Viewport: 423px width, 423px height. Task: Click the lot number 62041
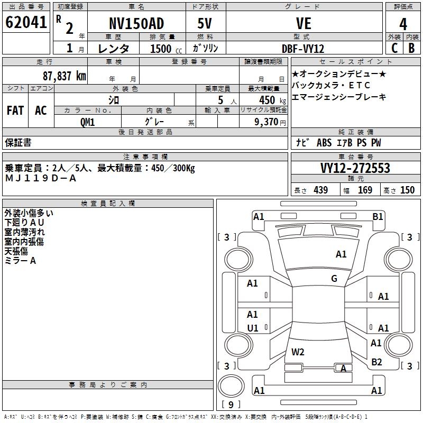point(26,23)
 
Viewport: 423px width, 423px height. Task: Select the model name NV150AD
point(136,24)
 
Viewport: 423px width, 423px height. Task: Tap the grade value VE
point(304,24)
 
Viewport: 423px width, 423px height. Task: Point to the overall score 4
point(403,24)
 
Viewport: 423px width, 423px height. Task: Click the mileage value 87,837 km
point(64,76)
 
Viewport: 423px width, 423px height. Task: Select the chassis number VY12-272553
point(355,168)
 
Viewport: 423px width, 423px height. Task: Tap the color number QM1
point(87,121)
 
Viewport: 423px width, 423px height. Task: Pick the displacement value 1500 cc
point(163,49)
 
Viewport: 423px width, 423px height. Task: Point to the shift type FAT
point(15,111)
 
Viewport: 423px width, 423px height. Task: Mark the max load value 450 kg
point(266,100)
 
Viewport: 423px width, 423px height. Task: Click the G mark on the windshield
point(334,279)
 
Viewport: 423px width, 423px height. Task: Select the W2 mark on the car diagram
point(298,352)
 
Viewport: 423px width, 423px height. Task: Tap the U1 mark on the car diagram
point(253,328)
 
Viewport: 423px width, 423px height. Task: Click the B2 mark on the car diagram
point(376,362)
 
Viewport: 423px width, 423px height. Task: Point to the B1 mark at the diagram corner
point(378,216)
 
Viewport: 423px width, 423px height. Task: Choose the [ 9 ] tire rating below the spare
point(231,404)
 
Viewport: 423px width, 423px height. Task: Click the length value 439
point(321,190)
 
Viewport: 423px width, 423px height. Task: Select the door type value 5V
point(206,24)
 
